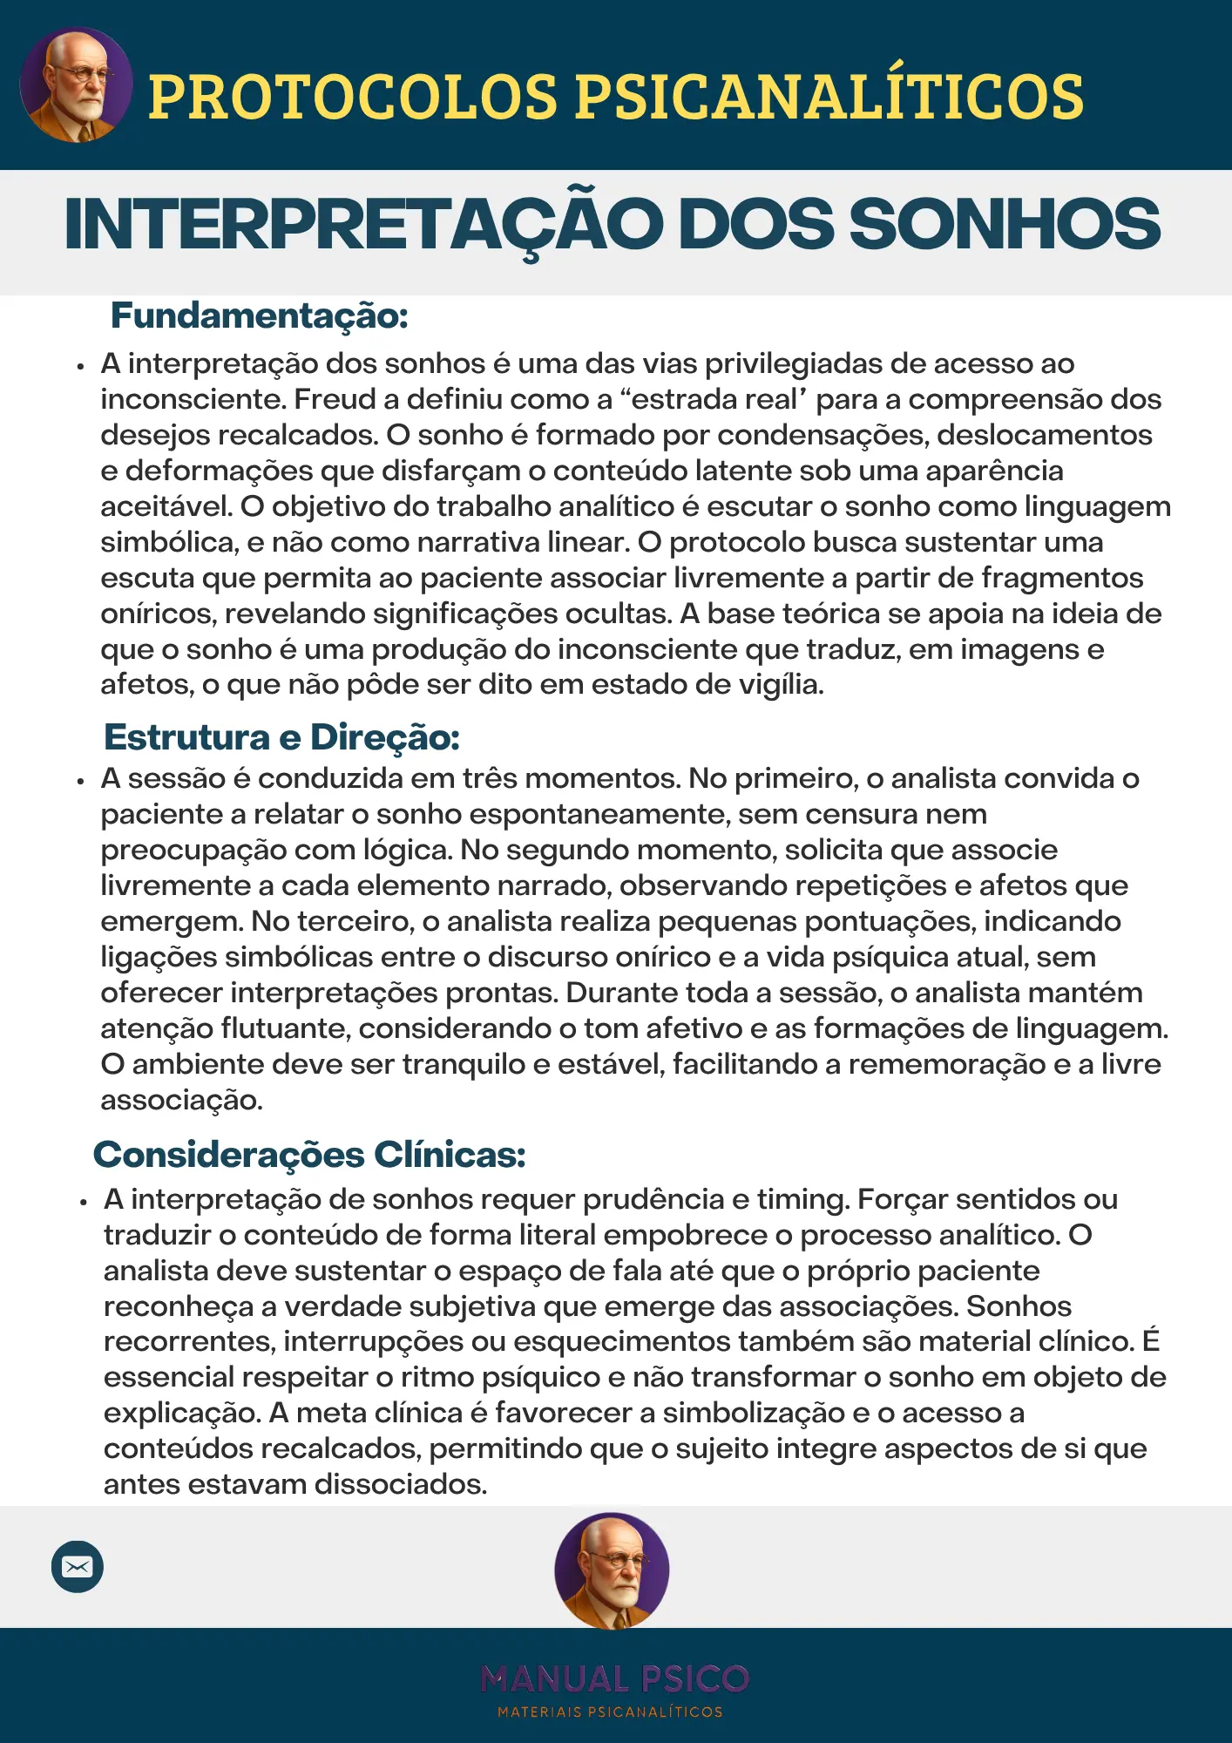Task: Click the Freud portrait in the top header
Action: (77, 85)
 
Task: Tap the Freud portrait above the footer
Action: (612, 1570)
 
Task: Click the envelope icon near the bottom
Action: (78, 1566)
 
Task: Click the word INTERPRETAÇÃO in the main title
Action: (363, 224)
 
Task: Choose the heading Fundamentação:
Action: (259, 315)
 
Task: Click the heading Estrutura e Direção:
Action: (281, 737)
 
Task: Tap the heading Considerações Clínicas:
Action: (309, 1155)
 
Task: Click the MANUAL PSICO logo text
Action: (614, 1679)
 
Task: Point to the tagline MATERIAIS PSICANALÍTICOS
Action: (610, 1712)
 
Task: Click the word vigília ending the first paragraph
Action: (780, 685)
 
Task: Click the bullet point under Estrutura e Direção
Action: (81, 781)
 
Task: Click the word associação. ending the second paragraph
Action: (181, 1100)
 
